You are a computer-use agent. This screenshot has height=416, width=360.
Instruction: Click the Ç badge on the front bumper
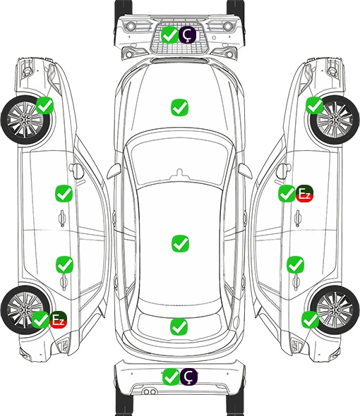(187, 35)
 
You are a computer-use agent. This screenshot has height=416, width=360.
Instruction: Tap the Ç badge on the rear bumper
(188, 377)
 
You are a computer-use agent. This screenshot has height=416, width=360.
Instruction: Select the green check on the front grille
(169, 35)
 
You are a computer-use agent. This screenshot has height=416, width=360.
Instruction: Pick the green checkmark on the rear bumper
(171, 377)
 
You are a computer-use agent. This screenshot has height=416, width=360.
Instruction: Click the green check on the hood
(179, 107)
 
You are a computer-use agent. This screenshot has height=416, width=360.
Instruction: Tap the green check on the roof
(181, 243)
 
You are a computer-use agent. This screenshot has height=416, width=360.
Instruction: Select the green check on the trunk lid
(179, 326)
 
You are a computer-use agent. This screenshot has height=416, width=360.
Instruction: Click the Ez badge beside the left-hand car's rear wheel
(58, 319)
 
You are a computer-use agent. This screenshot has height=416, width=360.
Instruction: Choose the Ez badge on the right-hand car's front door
(304, 193)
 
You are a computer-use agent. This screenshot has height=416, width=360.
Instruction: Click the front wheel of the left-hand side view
(25, 120)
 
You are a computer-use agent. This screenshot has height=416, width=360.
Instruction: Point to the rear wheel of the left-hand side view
(25, 310)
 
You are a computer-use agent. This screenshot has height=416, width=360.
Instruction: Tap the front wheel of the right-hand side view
(335, 120)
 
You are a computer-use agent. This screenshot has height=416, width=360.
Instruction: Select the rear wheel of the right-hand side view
(335, 310)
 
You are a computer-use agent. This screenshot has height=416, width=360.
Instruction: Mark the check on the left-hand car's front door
(64, 193)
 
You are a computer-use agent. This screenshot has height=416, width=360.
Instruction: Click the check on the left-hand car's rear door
(64, 264)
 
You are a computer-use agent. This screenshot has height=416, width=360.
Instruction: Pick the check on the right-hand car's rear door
(296, 264)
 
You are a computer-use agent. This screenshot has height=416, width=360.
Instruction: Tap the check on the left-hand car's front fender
(45, 105)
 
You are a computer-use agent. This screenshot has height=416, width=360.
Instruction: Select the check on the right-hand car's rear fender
(311, 319)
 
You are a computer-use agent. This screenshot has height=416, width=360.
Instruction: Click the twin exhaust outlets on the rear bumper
(150, 392)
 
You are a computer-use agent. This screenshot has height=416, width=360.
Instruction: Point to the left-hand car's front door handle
(62, 218)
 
